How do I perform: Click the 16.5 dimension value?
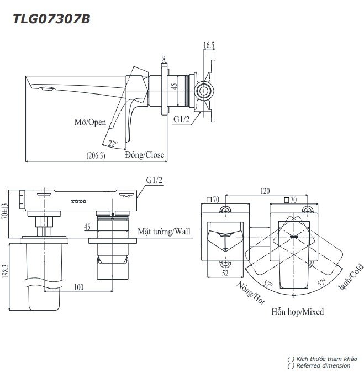click(209, 45)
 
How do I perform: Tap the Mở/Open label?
click(90, 122)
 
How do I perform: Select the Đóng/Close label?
click(144, 155)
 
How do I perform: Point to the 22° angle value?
click(113, 144)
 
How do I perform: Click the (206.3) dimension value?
click(96, 156)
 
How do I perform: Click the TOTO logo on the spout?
click(79, 200)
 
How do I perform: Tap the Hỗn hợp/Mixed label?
click(297, 312)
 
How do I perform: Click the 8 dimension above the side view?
click(164, 58)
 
